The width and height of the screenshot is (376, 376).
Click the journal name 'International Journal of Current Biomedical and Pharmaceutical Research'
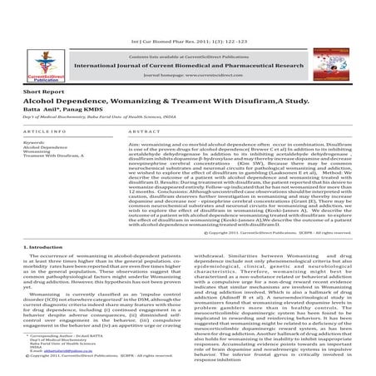[187, 50]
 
